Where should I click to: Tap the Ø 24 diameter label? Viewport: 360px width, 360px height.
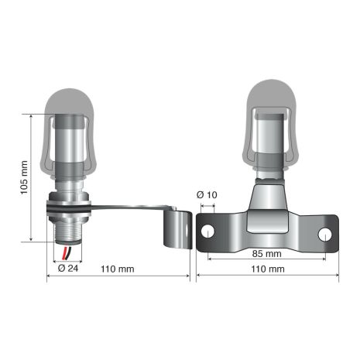67,269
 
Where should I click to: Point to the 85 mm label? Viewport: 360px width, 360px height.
267,253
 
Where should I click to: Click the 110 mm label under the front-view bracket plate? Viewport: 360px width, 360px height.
267,269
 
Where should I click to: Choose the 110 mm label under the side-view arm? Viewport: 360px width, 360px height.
118,269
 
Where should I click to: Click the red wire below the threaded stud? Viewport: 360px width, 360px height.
65,252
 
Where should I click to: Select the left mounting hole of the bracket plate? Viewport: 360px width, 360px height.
207,230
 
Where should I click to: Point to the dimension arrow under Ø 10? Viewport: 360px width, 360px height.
207,207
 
